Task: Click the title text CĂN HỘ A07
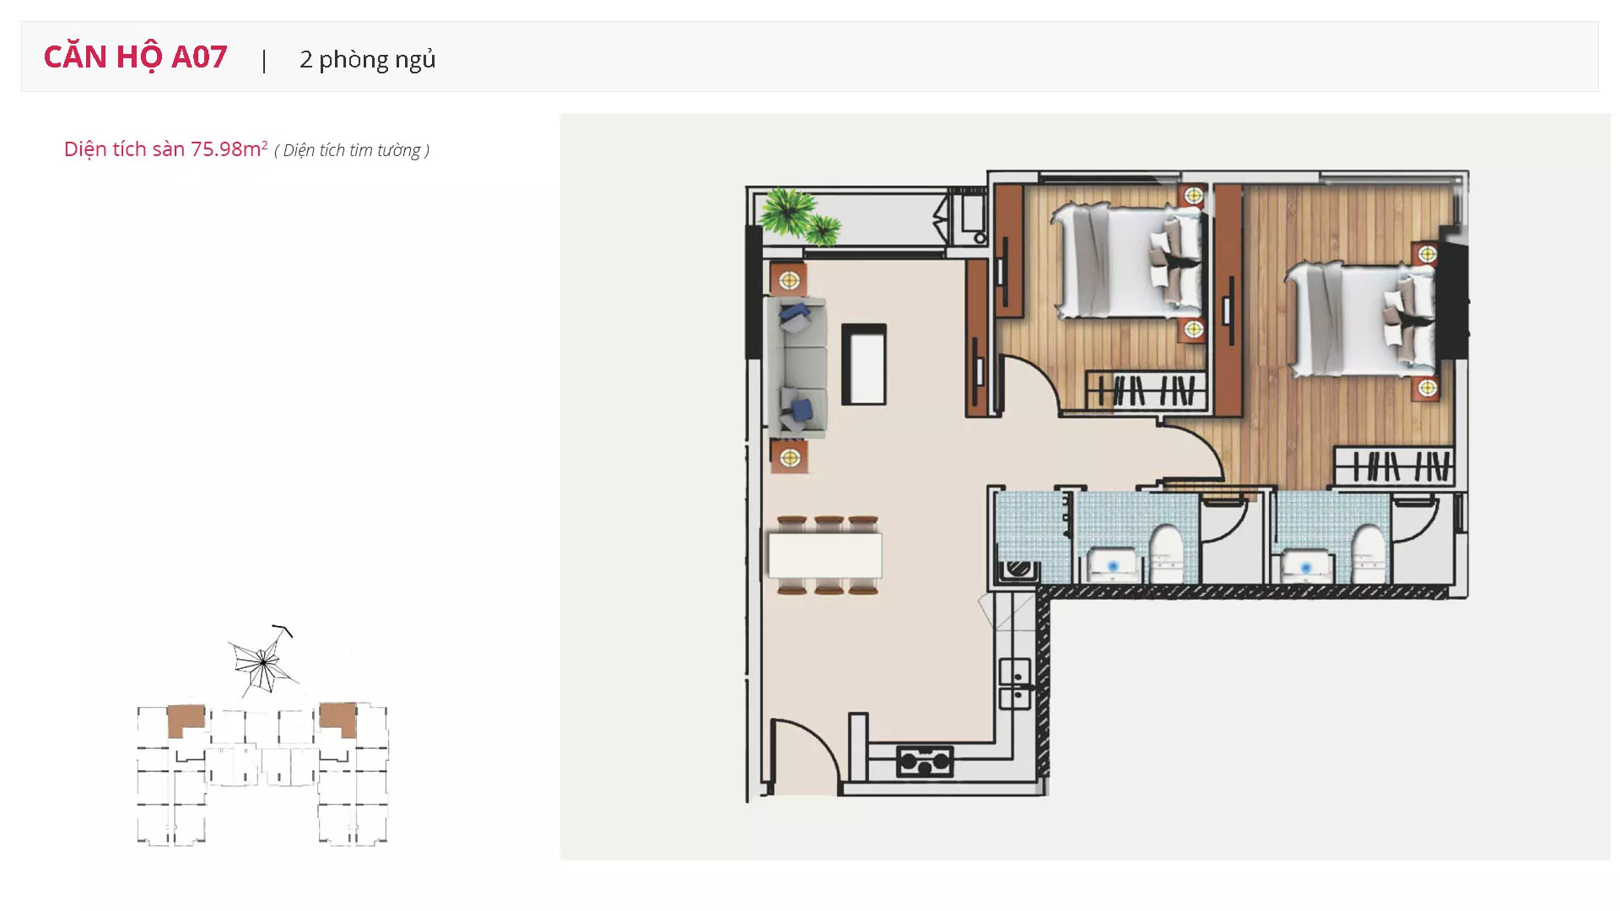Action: click(x=135, y=57)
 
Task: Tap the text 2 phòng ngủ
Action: click(x=367, y=59)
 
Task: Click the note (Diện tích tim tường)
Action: click(x=352, y=150)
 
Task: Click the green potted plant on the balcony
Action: click(x=797, y=214)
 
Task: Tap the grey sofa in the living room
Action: click(x=795, y=367)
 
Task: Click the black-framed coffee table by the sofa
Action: click(x=864, y=364)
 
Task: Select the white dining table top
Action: click(x=825, y=555)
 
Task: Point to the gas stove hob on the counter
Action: click(x=925, y=762)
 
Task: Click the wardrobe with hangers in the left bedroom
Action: click(x=1146, y=391)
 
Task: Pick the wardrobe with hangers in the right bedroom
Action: click(x=1394, y=466)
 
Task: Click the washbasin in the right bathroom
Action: click(x=1306, y=566)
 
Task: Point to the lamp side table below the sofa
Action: click(x=789, y=457)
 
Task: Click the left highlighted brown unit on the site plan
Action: click(x=185, y=720)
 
